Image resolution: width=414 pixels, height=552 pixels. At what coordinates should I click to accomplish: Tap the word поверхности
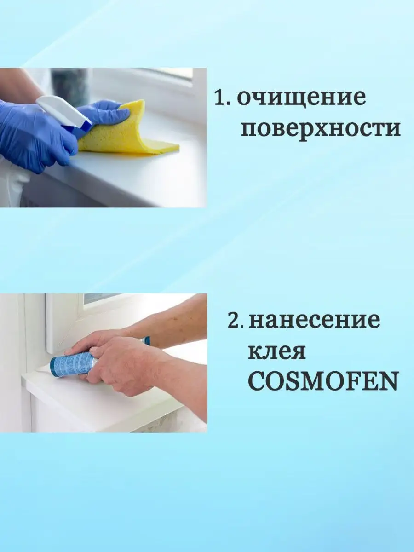[x=321, y=129]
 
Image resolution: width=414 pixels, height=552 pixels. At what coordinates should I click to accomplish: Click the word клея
[x=277, y=352]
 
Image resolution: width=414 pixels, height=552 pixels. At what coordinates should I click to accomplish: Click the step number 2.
[x=235, y=320]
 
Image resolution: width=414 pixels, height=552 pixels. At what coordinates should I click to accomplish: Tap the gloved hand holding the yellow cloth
[x=103, y=113]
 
